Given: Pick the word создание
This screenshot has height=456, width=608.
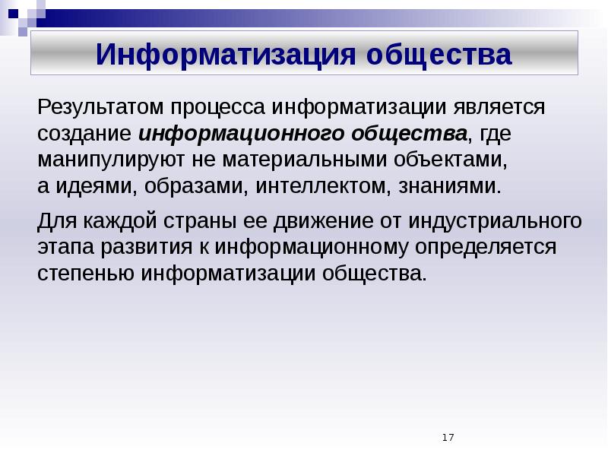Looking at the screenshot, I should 85,134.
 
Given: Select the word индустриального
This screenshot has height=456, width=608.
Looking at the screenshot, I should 496,221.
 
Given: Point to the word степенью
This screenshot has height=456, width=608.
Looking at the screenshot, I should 87,273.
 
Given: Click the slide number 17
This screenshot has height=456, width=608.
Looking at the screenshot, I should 447,437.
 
